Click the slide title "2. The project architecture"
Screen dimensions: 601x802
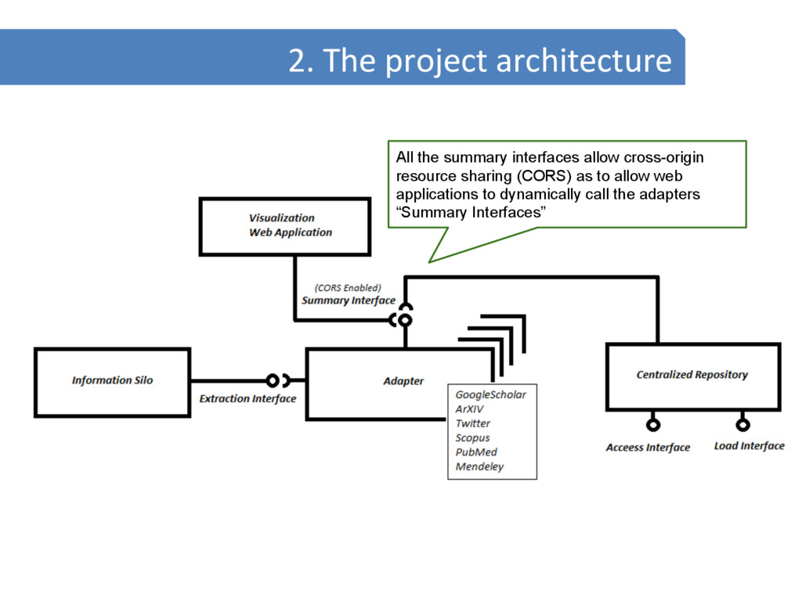pos(479,60)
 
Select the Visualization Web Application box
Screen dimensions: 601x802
pos(284,225)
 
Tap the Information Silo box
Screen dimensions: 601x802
pos(112,380)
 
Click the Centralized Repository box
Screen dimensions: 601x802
pos(692,376)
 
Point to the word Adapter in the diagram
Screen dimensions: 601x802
pos(403,381)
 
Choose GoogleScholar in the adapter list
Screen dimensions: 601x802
pos(491,394)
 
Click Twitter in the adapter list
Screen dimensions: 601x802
pos(473,423)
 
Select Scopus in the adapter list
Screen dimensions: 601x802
pos(473,437)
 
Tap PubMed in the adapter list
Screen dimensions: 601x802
pos(476,452)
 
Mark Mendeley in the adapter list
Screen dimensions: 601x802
pos(480,467)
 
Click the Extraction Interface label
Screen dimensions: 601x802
pos(247,399)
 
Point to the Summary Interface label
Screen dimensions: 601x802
pos(349,300)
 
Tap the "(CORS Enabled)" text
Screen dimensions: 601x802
pos(348,287)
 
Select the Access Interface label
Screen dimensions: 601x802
pos(648,448)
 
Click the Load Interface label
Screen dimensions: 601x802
pos(749,446)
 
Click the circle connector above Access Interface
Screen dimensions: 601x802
pos(652,425)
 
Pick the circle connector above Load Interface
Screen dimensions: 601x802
pos(742,425)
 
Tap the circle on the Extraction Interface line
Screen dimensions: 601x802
pos(272,380)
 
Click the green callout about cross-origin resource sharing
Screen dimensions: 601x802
pos(566,184)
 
